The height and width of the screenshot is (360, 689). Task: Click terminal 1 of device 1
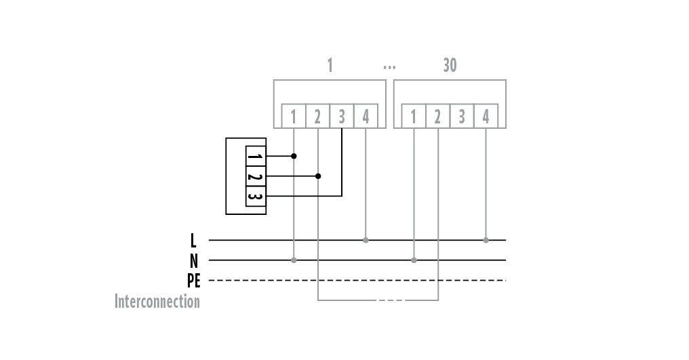tap(294, 116)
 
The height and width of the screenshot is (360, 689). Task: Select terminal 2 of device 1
tap(317, 116)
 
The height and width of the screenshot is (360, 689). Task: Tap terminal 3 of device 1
tap(342, 116)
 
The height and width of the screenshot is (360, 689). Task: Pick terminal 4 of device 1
tap(366, 116)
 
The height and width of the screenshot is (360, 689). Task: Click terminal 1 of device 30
tap(414, 116)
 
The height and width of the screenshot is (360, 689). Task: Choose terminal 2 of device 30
tap(437, 116)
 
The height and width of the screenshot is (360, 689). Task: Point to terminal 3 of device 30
tap(462, 116)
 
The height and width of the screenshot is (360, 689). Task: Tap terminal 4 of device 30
tap(486, 116)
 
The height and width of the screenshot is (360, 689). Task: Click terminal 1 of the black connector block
tap(255, 157)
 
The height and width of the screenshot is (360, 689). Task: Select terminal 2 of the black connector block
tap(255, 176)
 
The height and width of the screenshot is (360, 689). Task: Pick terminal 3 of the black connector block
tap(255, 196)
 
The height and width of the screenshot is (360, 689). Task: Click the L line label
tap(193, 240)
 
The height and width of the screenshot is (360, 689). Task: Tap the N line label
tap(193, 260)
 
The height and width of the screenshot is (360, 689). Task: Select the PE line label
tap(193, 280)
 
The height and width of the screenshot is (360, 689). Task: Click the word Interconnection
tap(157, 301)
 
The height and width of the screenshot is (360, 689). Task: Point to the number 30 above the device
tap(450, 65)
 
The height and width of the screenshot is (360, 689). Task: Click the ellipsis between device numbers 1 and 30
tap(389, 67)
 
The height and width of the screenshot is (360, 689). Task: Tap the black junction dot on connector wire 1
tap(294, 156)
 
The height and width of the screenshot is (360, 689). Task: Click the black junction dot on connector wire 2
tap(318, 176)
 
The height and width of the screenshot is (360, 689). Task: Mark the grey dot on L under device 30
tap(486, 240)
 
